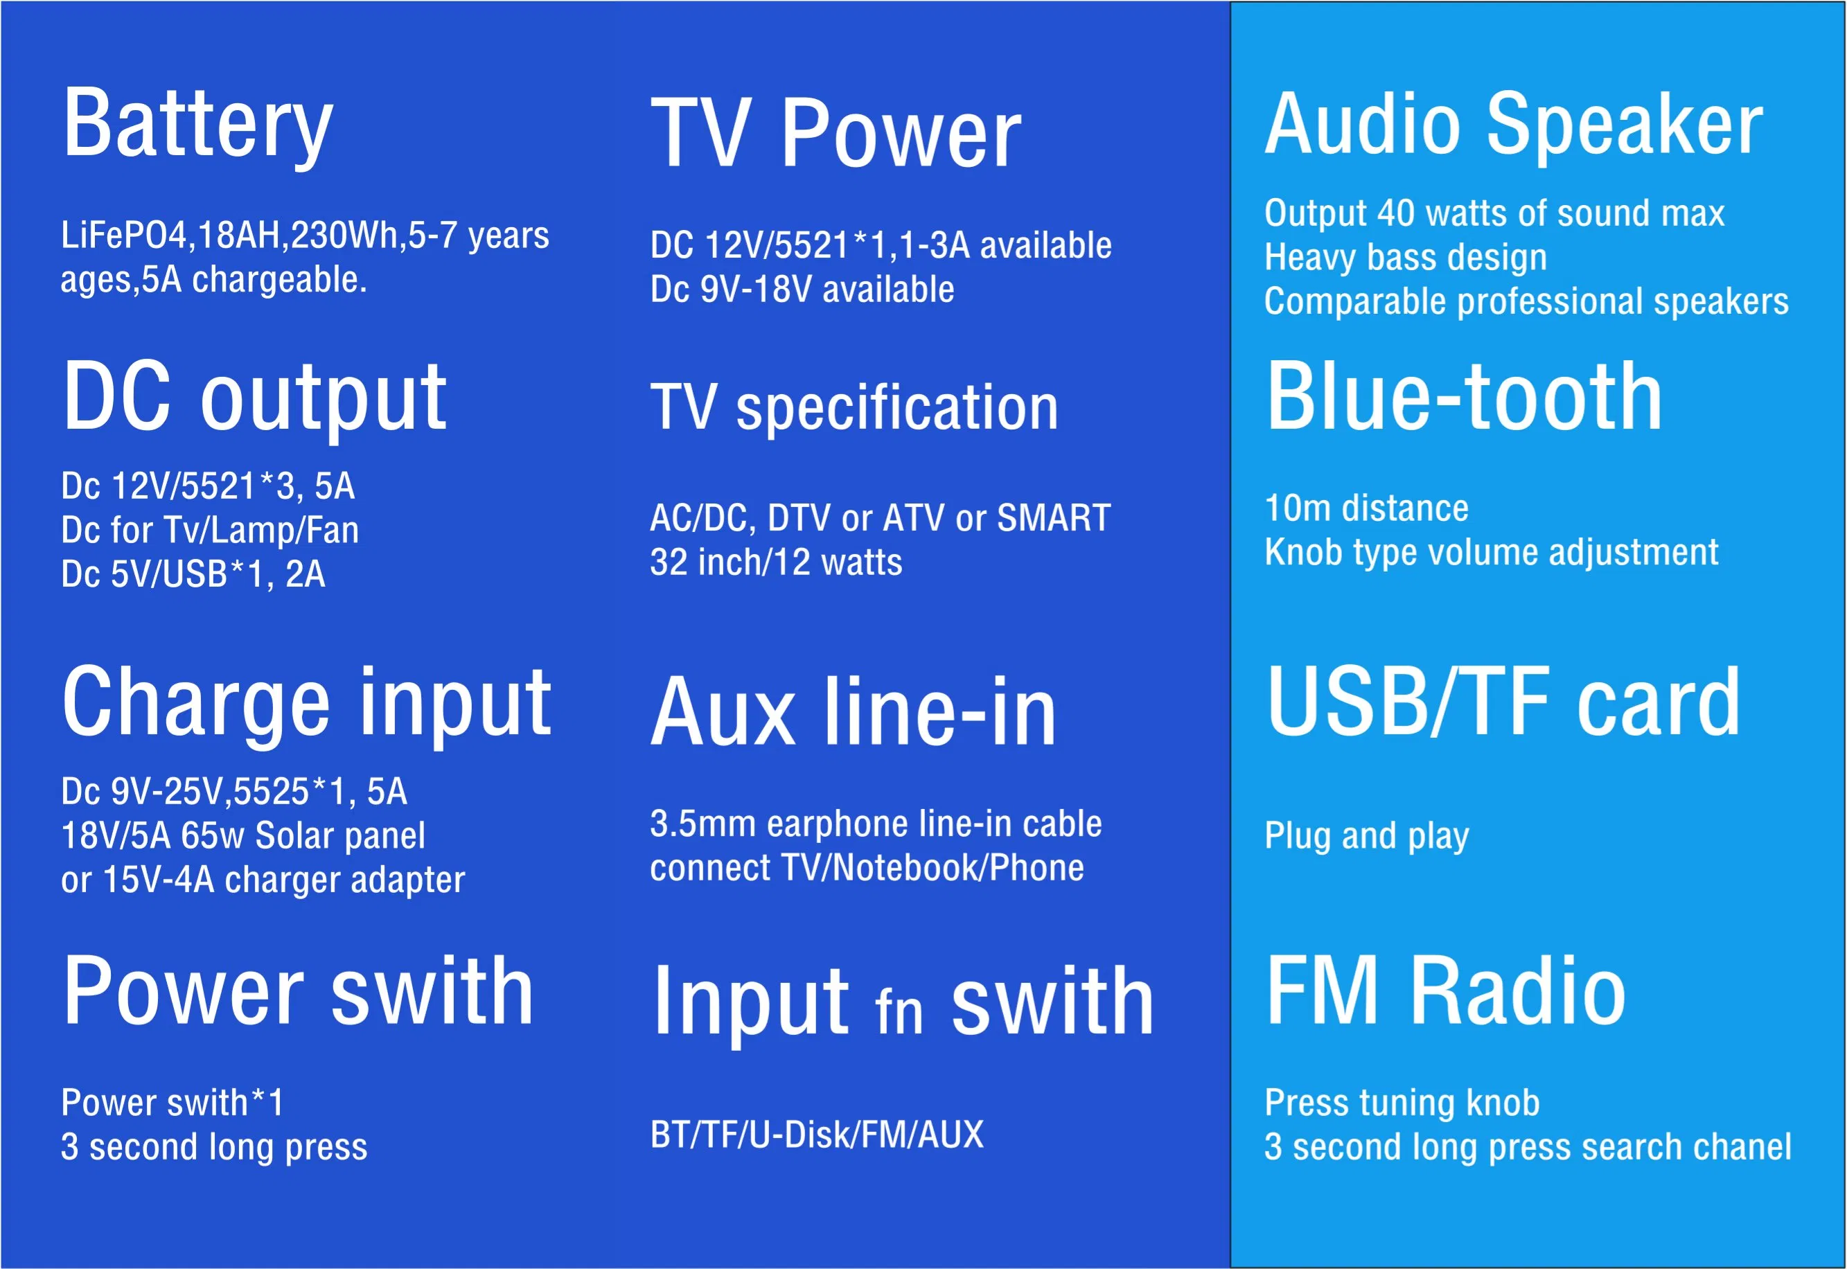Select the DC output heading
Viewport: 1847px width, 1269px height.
254,396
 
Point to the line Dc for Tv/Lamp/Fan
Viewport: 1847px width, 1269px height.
210,531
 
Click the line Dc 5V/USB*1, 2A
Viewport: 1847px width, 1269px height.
193,574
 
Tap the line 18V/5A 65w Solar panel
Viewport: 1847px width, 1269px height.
243,835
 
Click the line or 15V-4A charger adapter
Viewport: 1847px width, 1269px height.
263,880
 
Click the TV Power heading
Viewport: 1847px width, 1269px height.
835,133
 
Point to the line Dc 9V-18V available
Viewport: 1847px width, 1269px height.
802,290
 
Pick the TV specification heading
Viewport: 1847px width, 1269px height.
854,407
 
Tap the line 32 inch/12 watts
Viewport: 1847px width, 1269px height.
776,562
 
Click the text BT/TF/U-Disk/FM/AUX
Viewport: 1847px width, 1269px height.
817,1135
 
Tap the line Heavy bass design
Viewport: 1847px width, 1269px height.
1406,258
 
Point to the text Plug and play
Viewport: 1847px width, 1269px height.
1367,835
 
